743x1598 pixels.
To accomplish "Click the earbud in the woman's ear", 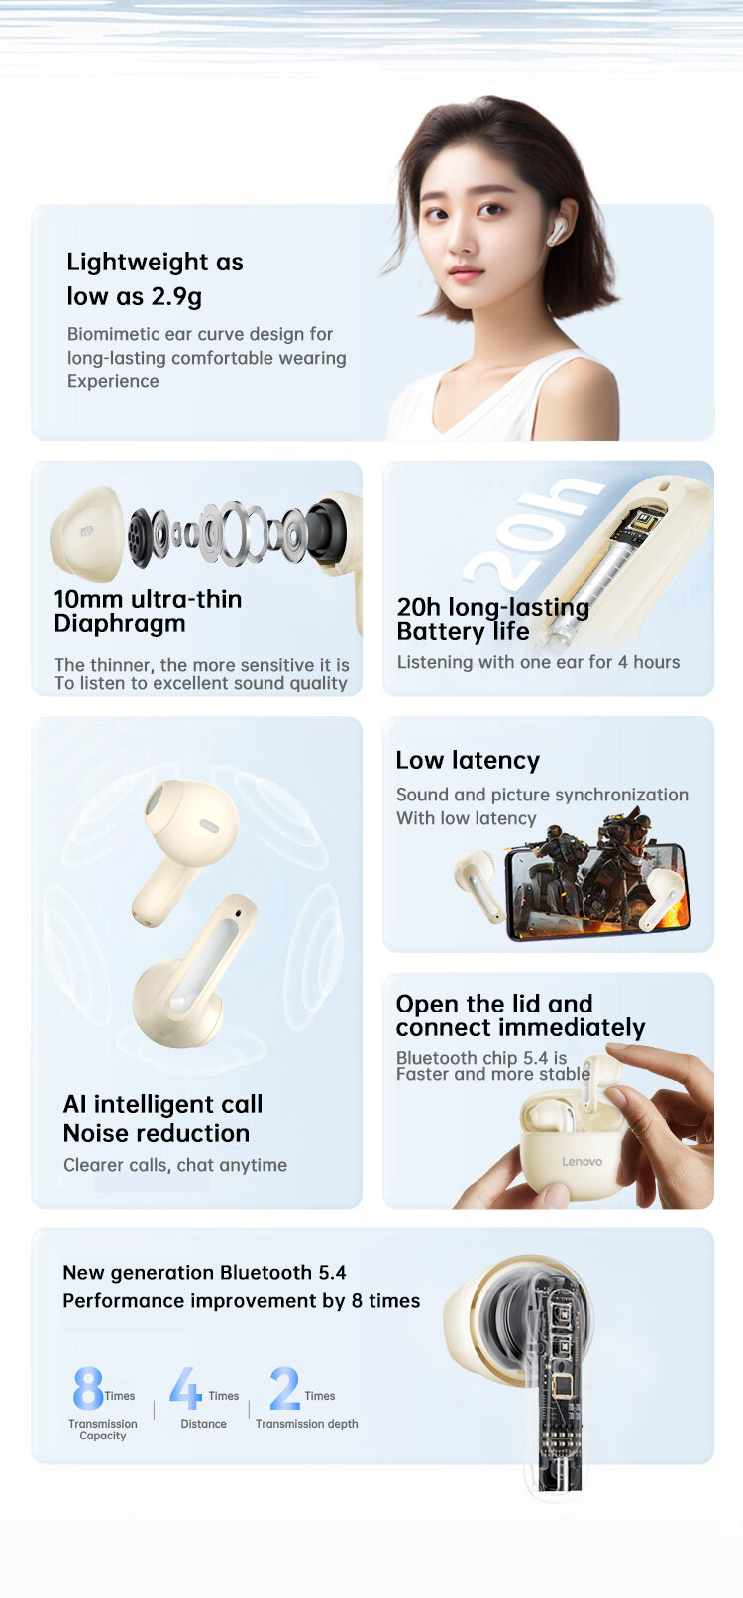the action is [556, 232].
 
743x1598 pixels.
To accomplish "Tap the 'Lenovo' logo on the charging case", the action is [582, 1161].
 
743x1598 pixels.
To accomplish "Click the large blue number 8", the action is [88, 1388].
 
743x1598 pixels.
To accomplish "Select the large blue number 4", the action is [186, 1388].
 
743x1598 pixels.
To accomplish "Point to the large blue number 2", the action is [284, 1388].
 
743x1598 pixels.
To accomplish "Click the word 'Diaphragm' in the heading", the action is [120, 623].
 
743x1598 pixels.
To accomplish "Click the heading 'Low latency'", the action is [468, 761].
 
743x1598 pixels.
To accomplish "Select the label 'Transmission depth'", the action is [307, 1424].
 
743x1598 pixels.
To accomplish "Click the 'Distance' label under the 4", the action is [203, 1424].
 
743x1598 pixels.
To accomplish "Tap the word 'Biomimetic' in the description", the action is [113, 334].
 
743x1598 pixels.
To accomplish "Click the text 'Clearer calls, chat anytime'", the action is [175, 1165].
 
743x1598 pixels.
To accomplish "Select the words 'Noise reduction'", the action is [157, 1133].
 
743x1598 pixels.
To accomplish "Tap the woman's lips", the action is [467, 273].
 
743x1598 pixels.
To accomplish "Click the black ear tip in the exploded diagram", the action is [327, 529].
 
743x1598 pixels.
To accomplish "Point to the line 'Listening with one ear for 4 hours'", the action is [538, 662].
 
